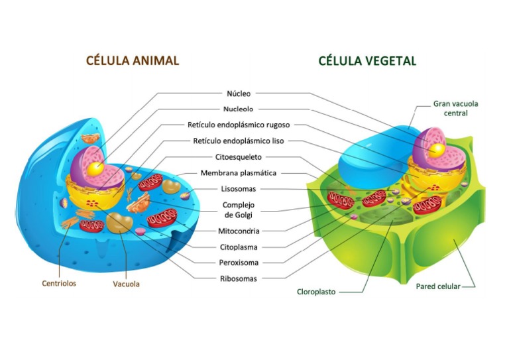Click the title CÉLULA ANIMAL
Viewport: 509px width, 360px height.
tap(133, 60)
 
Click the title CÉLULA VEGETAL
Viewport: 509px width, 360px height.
tap(367, 61)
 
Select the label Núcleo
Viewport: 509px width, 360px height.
tap(239, 94)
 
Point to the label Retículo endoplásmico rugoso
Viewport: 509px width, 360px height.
tap(239, 125)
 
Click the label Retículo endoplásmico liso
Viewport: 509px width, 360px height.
tap(239, 141)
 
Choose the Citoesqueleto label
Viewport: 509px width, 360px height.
tap(239, 157)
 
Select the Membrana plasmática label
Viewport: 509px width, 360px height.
tap(239, 173)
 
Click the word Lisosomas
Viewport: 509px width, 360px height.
tap(239, 189)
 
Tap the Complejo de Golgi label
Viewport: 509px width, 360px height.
tap(239, 210)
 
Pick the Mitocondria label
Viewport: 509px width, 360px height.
tap(239, 231)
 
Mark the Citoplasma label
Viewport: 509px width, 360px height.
tap(239, 247)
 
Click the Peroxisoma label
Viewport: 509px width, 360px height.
tap(239, 263)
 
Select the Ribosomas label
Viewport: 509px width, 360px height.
tap(239, 278)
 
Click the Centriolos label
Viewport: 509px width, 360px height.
tap(59, 283)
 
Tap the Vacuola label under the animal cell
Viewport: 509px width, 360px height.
tap(126, 284)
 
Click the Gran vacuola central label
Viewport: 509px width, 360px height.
tap(455, 108)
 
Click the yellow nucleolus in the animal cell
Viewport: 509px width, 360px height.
tap(97, 168)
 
